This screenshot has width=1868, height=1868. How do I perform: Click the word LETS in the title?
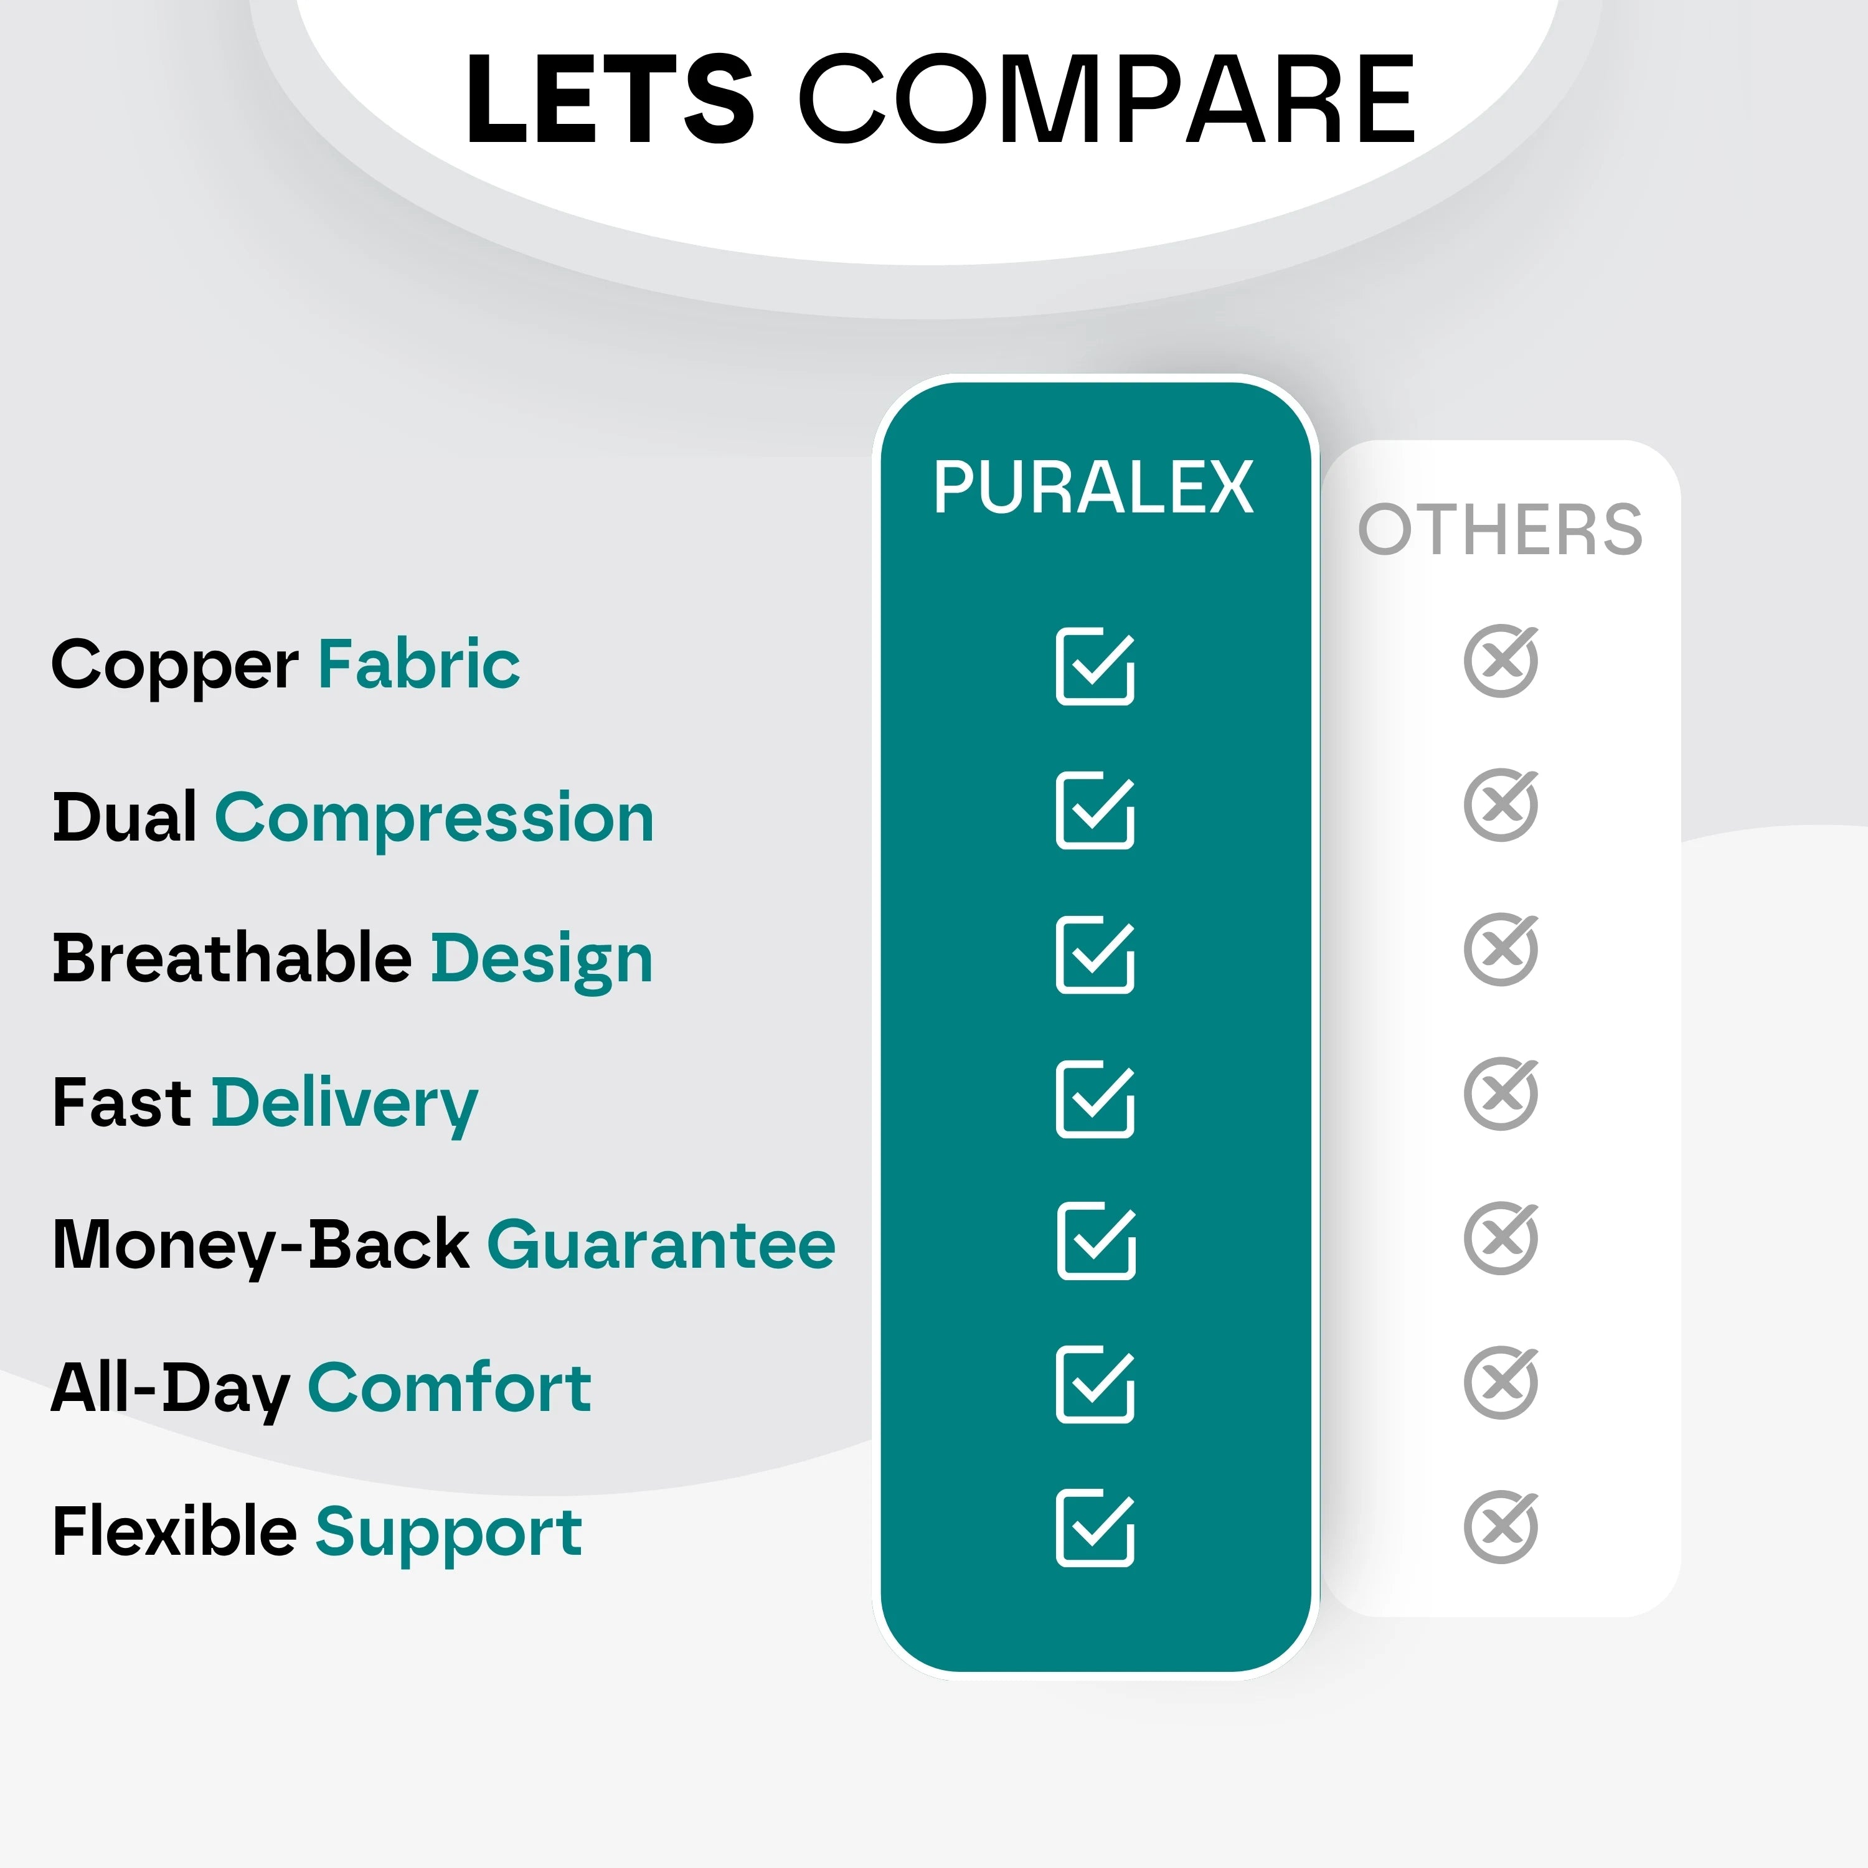click(609, 100)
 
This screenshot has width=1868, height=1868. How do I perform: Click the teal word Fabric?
click(418, 664)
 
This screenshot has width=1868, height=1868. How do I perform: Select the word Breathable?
click(232, 958)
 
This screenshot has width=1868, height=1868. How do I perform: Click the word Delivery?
click(344, 1103)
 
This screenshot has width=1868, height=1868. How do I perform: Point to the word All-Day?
click(170, 1389)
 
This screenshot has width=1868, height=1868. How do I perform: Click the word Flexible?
click(174, 1532)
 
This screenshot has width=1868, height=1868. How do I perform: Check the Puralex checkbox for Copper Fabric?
click(1095, 666)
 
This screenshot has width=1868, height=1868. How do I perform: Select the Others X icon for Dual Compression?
click(1499, 804)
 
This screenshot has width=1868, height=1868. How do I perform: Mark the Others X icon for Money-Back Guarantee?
click(1499, 1238)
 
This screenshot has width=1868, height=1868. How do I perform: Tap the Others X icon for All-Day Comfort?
click(1499, 1382)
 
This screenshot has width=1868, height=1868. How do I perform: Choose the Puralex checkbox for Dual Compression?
click(1095, 810)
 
